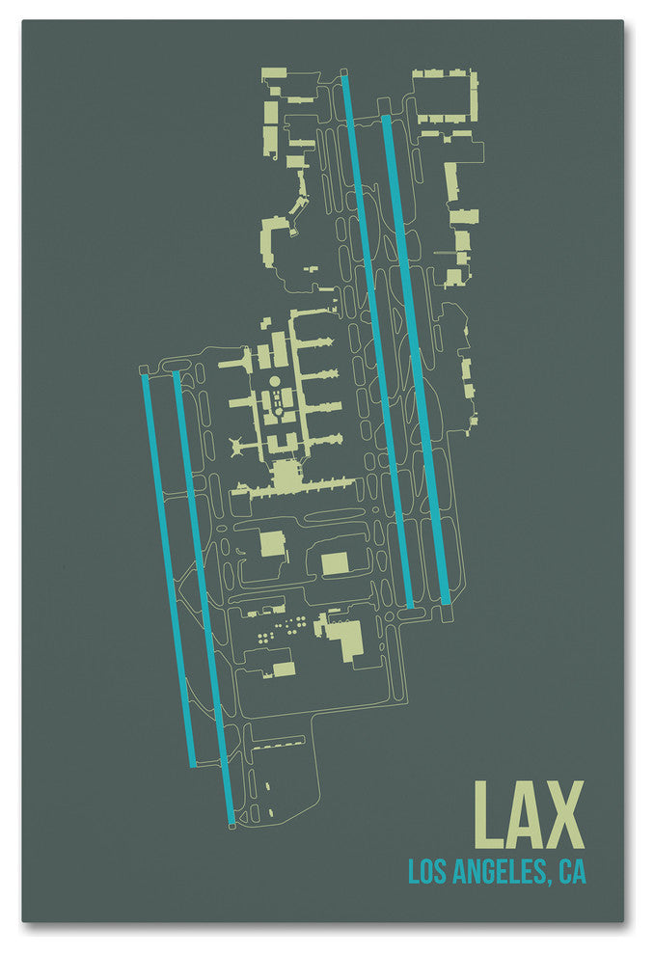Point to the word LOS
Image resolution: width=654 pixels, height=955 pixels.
pyautogui.click(x=424, y=872)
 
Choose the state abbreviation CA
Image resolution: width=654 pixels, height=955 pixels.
pyautogui.click(x=572, y=872)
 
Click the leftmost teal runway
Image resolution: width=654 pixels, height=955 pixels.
pyautogui.click(x=169, y=569)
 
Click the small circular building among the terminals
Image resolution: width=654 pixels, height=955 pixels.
pyautogui.click(x=274, y=382)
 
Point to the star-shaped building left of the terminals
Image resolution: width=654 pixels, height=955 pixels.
pyautogui.click(x=236, y=446)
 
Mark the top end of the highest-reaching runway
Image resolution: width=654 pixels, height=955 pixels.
pyautogui.click(x=344, y=80)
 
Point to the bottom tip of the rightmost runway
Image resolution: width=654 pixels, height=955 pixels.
pyautogui.click(x=446, y=602)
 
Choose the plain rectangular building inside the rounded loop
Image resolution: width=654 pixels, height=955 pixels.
pyautogui.click(x=335, y=563)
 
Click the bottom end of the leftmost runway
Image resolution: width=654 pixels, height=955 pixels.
pyautogui.click(x=193, y=763)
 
